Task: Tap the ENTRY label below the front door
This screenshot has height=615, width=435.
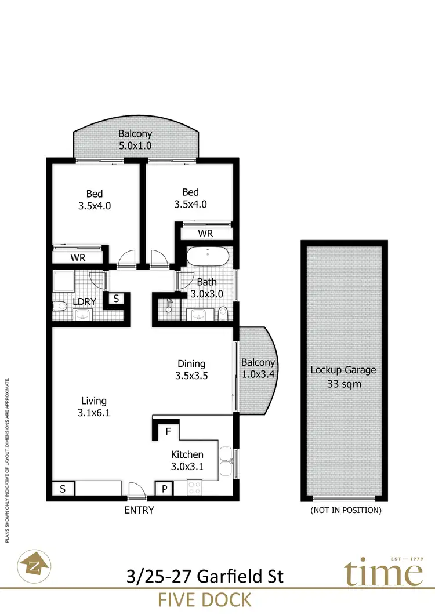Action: (139, 510)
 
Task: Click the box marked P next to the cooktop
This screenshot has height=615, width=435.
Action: (165, 489)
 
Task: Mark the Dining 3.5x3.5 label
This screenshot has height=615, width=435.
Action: (191, 369)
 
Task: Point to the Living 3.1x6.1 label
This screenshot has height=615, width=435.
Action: (94, 406)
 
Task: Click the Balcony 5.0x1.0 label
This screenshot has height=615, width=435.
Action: (135, 140)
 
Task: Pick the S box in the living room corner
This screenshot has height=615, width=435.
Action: (63, 489)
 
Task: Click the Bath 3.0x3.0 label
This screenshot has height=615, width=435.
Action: (207, 288)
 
